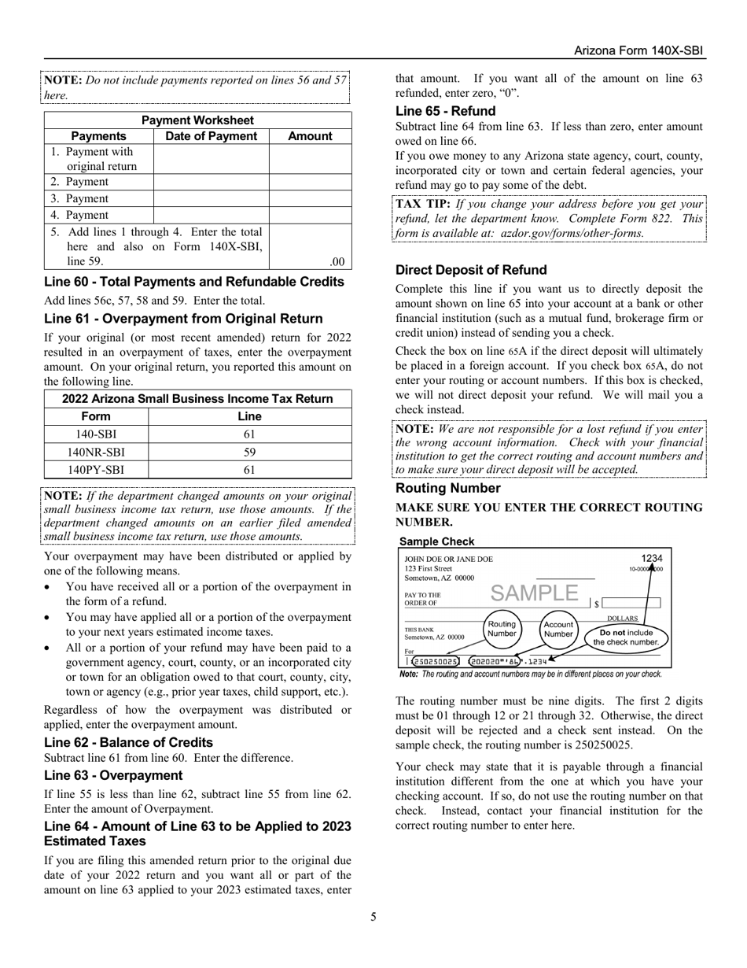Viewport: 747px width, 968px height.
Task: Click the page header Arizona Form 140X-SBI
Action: [x=638, y=50]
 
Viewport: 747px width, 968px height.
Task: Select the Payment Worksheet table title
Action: [x=197, y=120]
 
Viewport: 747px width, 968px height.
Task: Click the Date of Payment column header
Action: [x=211, y=136]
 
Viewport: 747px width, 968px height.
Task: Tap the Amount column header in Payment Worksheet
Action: [x=310, y=136]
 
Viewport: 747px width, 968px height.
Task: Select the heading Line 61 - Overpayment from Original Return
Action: [x=183, y=319]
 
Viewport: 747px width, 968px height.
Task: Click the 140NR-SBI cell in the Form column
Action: [x=96, y=453]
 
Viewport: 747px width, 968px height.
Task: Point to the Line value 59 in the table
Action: [x=249, y=453]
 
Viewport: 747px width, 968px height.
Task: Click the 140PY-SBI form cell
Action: [x=96, y=470]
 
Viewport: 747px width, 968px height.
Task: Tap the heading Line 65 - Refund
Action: [x=445, y=111]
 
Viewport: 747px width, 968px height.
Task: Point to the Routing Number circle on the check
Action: [x=502, y=627]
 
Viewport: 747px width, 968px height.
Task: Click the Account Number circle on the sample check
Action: [x=558, y=630]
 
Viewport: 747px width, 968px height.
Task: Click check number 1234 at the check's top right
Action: [x=651, y=558]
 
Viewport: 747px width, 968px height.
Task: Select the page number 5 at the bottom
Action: [x=373, y=916]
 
